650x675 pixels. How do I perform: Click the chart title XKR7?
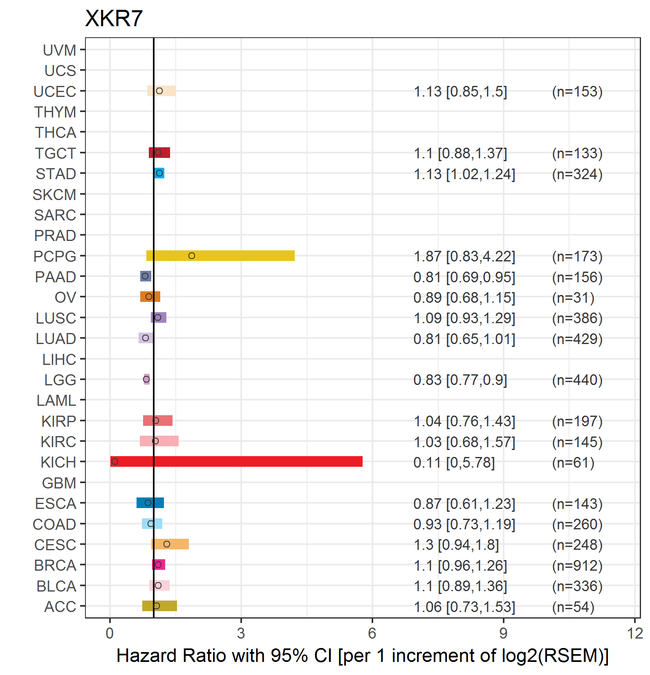(x=114, y=18)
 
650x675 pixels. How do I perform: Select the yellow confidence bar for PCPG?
(x=220, y=256)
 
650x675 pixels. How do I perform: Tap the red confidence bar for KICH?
(x=236, y=461)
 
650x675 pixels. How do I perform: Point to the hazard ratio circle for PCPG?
(x=192, y=256)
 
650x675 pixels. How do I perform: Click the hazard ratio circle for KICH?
(x=115, y=461)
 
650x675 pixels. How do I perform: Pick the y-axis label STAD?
(x=56, y=174)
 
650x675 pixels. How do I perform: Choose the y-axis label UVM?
(x=59, y=50)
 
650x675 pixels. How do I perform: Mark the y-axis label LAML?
(x=56, y=400)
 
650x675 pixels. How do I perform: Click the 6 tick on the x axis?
(x=372, y=633)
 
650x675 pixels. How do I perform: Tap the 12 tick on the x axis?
(x=635, y=633)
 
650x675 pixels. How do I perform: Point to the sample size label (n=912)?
(x=577, y=565)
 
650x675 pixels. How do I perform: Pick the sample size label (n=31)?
(x=573, y=297)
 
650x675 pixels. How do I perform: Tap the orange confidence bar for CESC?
(x=170, y=544)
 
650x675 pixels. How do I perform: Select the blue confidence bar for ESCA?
(x=150, y=503)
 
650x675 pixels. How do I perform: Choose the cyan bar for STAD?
(x=159, y=173)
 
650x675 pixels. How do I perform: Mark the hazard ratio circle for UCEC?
(x=159, y=91)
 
